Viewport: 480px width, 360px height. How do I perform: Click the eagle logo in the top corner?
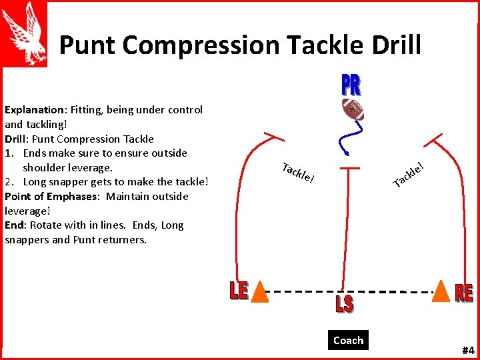25,33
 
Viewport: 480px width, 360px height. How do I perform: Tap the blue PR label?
351,85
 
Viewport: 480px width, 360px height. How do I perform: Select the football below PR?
353,109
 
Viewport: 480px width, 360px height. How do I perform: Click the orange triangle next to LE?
260,291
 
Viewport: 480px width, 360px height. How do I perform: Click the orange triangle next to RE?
441,291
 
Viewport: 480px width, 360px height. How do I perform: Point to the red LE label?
239,291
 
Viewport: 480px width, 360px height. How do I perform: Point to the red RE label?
464,293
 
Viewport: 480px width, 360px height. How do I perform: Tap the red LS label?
344,305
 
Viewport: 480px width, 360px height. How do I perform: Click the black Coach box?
348,340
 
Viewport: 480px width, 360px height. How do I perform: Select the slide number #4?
467,350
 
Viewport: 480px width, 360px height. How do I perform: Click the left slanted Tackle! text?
297,173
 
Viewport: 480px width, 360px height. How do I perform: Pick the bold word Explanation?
33,110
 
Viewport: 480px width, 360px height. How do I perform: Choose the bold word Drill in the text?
16,139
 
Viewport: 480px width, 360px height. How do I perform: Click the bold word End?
14,225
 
